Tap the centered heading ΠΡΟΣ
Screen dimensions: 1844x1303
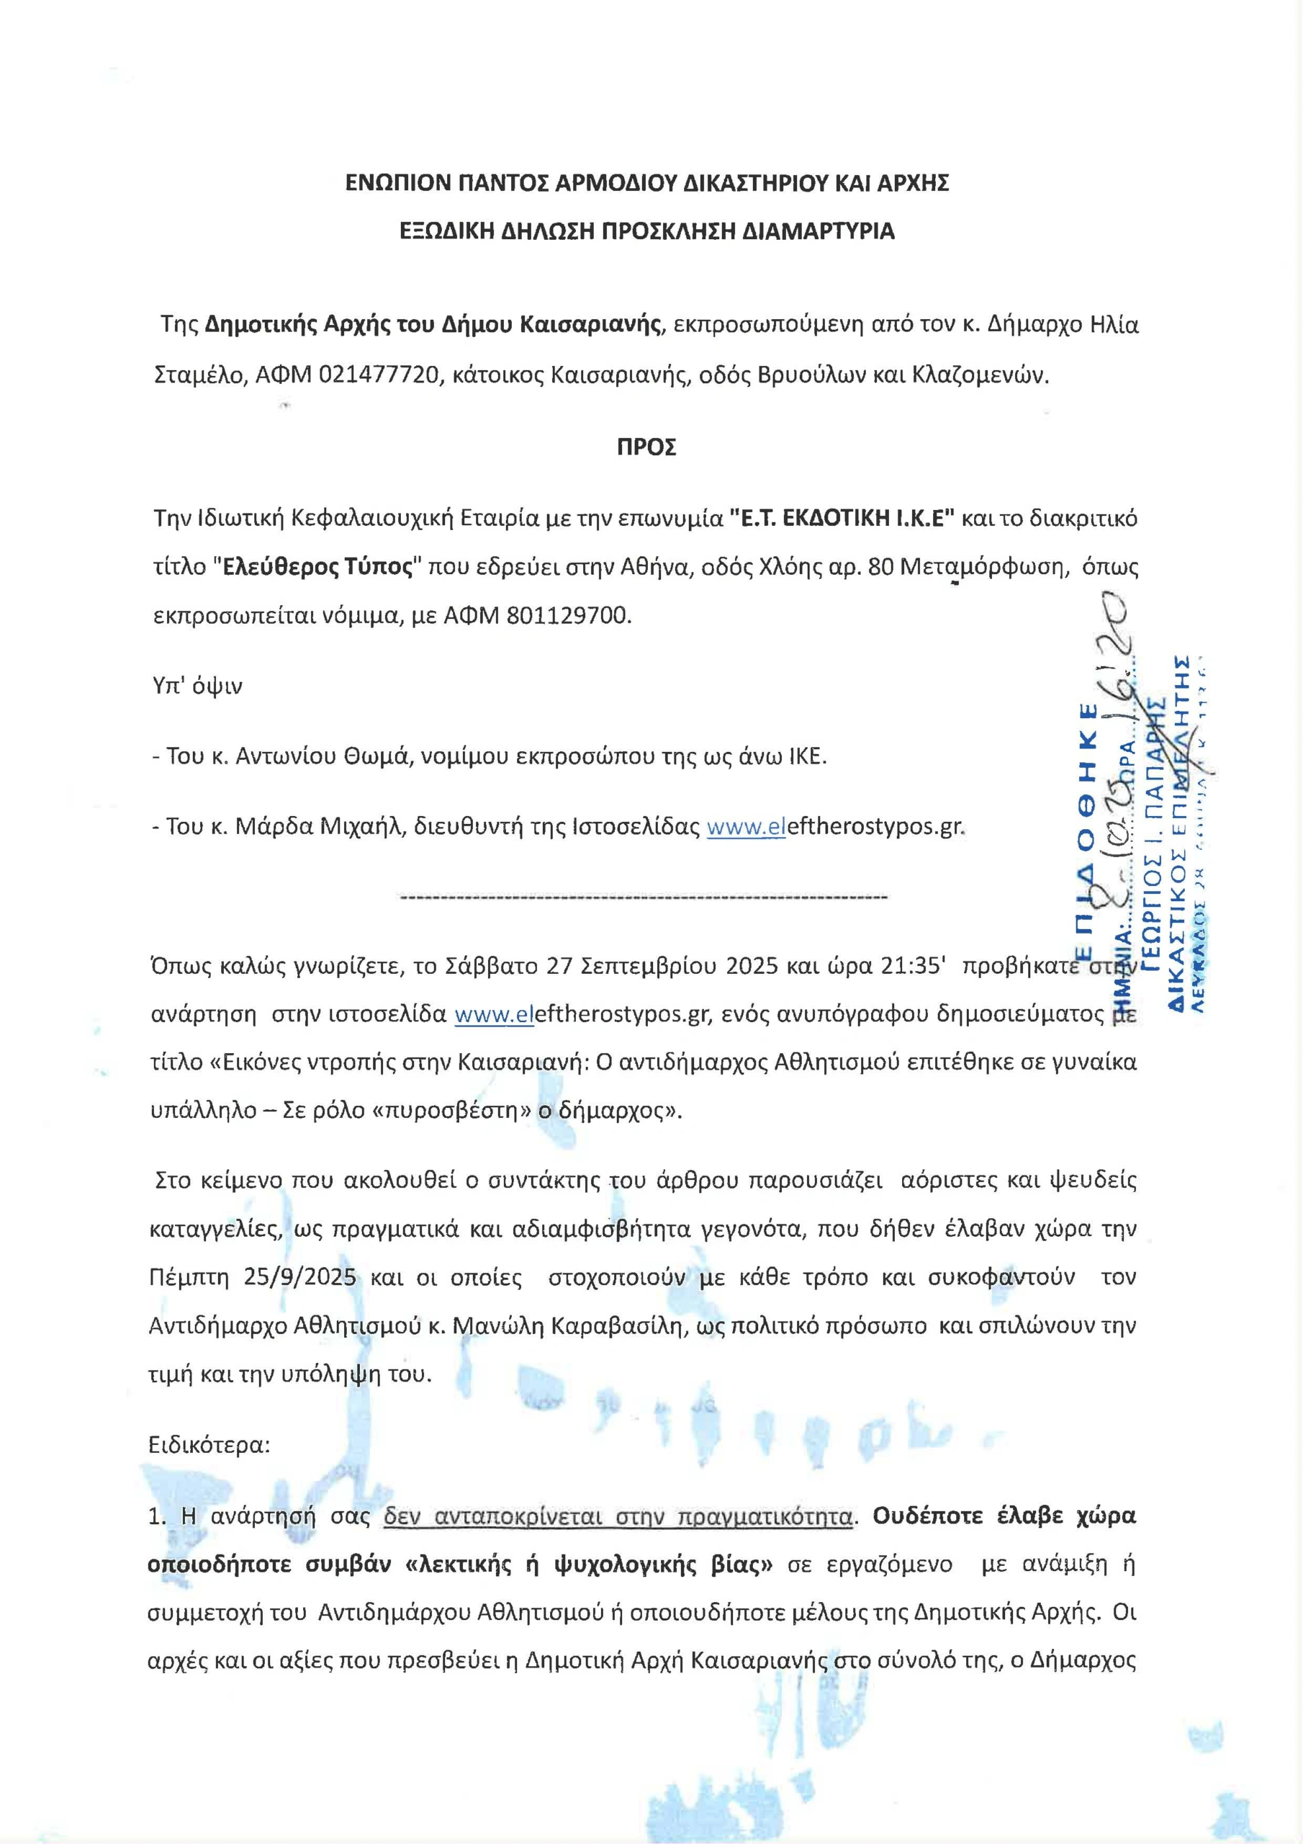click(x=646, y=447)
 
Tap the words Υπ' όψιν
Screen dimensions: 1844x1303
click(x=197, y=686)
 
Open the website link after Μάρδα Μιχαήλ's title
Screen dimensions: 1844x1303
click(x=834, y=826)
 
